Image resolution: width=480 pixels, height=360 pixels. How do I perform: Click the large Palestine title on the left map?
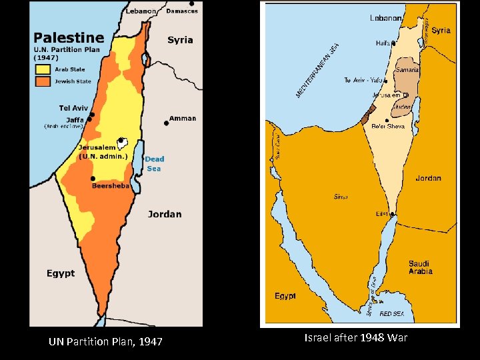tap(69, 38)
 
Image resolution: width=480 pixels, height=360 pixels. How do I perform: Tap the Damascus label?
tap(182, 11)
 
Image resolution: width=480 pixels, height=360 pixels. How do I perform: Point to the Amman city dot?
tap(166, 123)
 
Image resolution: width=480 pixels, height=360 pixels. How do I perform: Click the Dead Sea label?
tap(154, 163)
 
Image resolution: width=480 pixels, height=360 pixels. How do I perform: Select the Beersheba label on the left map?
tap(110, 186)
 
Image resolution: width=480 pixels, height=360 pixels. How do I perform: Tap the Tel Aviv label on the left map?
tap(74, 108)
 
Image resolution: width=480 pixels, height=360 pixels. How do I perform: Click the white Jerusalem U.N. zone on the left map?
tap(122, 142)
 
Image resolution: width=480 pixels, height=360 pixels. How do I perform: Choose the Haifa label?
tap(383, 43)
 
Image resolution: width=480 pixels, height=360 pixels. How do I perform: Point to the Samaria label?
tap(407, 69)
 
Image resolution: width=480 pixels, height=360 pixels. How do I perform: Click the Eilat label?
tap(382, 214)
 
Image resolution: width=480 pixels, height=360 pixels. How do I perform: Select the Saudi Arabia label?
tap(420, 267)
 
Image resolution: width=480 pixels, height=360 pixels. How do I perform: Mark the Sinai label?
tap(341, 197)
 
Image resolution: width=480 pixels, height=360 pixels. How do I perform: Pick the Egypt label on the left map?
tap(61, 273)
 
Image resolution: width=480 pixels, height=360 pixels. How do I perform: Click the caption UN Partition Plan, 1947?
tap(105, 342)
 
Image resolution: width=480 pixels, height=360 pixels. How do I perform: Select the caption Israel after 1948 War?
tap(355, 338)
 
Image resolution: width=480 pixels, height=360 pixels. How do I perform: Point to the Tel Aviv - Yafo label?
tap(363, 80)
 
